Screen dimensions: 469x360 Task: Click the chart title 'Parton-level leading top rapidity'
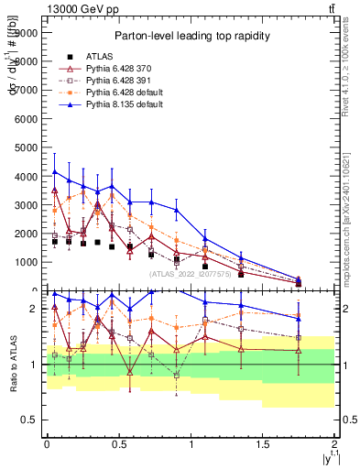[x=191, y=36]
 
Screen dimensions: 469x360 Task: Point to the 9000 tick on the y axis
[x=27, y=32]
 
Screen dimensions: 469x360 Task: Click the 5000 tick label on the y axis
[x=27, y=147]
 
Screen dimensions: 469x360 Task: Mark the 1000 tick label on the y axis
[x=27, y=262]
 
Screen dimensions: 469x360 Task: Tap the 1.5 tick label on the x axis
[x=262, y=444]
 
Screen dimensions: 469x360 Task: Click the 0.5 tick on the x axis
[x=118, y=444]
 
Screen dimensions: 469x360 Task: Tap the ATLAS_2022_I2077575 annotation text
[x=190, y=273]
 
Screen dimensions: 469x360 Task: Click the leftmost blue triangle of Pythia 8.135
[x=55, y=171]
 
